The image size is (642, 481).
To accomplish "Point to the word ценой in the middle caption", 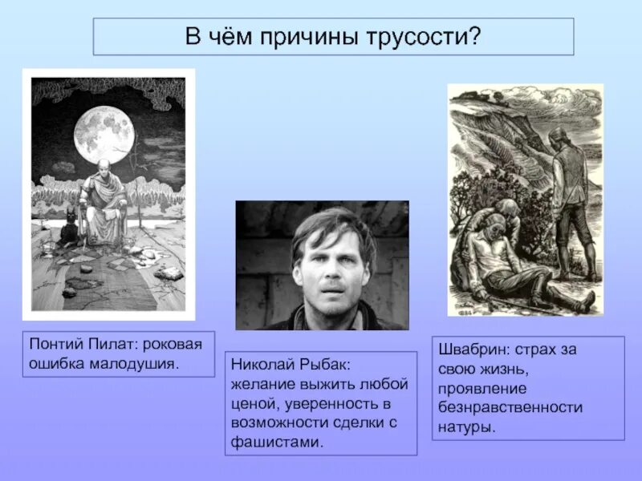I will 254,403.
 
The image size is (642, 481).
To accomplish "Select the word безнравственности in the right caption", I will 510,407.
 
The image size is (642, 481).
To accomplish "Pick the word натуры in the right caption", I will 464,426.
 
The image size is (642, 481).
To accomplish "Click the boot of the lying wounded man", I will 587,300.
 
